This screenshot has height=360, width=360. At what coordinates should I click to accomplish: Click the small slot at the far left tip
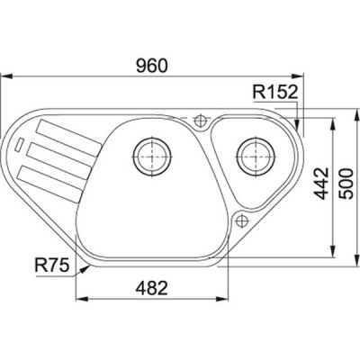click(21, 144)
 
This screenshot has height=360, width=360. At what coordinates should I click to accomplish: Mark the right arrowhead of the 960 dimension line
click(306, 78)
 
